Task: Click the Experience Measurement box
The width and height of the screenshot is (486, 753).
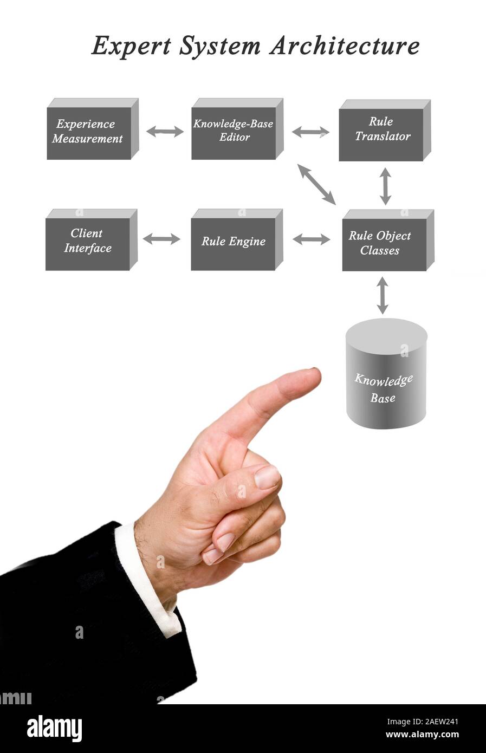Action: [89, 132]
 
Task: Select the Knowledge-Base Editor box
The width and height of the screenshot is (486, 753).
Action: [234, 132]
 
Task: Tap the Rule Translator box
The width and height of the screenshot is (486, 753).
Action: [381, 133]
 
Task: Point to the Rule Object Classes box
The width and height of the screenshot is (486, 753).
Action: [384, 244]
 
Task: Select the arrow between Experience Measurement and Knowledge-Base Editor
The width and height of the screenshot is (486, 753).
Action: [165, 131]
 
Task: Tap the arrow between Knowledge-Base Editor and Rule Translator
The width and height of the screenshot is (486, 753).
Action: [310, 132]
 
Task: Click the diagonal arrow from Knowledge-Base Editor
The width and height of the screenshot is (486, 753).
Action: [317, 184]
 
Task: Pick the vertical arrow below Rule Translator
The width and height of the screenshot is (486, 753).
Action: [385, 186]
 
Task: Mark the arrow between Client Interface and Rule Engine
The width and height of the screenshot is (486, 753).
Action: [161, 239]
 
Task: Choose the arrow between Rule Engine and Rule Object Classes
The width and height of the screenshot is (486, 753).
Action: [311, 239]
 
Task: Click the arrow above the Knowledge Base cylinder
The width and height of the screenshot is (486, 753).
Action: [383, 295]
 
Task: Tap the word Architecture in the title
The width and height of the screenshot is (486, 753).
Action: [344, 46]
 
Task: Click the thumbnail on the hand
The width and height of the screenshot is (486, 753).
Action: [268, 477]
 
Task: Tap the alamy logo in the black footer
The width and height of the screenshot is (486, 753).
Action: [54, 729]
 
